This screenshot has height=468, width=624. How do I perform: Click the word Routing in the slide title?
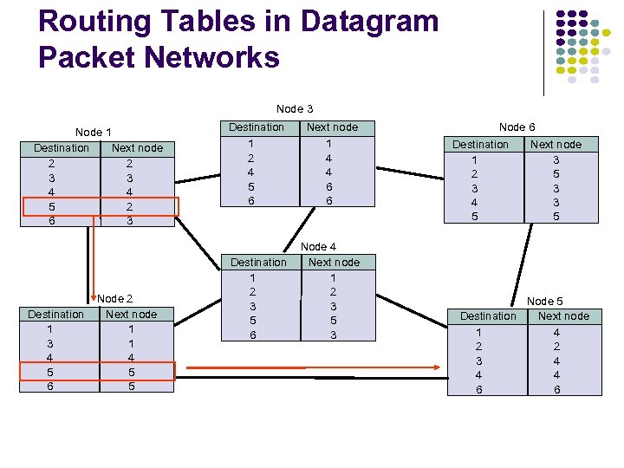pos(94,22)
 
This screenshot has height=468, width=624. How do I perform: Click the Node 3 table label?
pos(295,109)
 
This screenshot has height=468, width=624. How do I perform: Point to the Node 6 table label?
pos(517,127)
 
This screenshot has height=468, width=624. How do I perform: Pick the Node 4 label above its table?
pos(318,247)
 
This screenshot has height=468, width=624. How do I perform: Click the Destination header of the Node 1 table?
pos(62,148)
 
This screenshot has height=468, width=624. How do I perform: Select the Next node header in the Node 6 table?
pos(556,145)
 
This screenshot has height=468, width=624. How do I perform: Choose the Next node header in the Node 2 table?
pos(131,315)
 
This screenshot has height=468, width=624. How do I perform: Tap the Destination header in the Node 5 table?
pos(488,316)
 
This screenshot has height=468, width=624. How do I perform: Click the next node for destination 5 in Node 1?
pos(130,206)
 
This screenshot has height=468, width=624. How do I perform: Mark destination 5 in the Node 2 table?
pos(50,372)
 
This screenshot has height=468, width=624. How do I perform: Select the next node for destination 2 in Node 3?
pos(328,158)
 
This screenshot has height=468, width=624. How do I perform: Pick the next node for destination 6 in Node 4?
pos(333,335)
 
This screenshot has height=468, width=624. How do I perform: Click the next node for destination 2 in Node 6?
pos(556,173)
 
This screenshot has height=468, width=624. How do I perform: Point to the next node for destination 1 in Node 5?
pos(556,332)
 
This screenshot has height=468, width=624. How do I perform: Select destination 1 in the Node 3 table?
pos(250,143)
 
